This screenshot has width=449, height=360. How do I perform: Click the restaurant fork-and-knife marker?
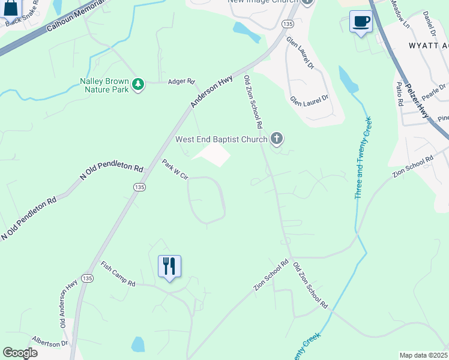(169, 266)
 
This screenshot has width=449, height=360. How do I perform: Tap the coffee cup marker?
(361, 22)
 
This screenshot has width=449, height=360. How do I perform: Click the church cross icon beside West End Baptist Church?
(277, 139)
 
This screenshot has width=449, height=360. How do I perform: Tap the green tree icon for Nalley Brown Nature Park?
(139, 84)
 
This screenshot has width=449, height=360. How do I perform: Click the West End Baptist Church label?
(221, 140)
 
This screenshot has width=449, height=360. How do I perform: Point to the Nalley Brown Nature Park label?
(104, 85)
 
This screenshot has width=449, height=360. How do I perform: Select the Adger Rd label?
(182, 81)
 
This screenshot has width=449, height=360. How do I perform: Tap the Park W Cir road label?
(175, 169)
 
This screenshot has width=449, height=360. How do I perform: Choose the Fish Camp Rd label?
(118, 274)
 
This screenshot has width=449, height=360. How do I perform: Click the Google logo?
(20, 353)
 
